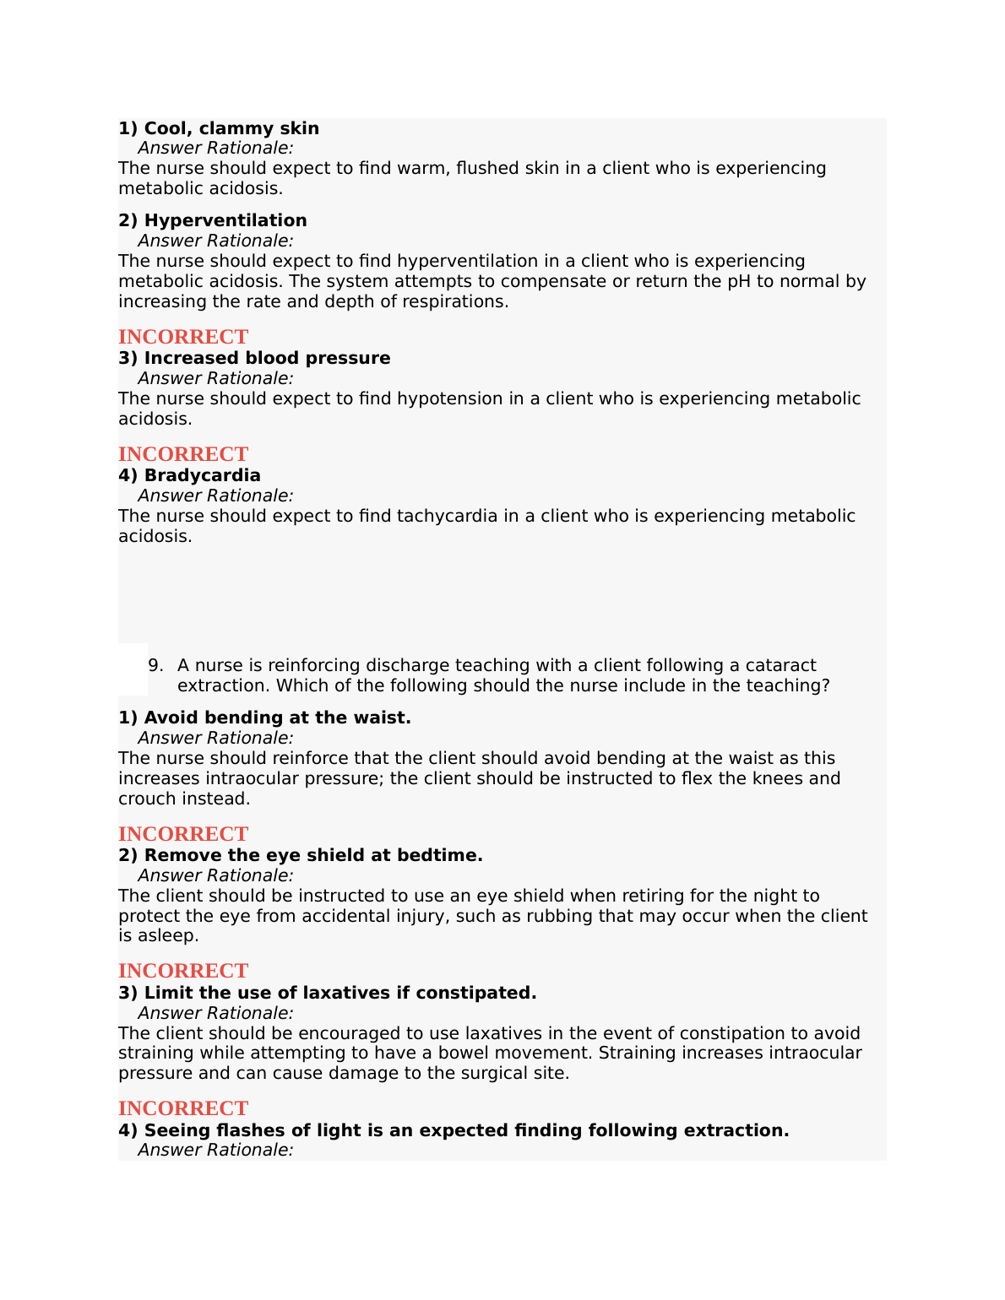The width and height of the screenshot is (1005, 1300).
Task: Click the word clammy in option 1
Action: pos(241,128)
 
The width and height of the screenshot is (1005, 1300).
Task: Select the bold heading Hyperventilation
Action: pos(225,220)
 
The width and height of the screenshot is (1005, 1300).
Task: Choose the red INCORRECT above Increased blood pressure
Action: pos(183,337)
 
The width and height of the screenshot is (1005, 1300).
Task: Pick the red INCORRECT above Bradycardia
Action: pos(183,454)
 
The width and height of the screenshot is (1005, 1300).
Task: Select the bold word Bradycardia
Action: pos(203,475)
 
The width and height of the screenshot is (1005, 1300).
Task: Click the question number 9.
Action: pos(155,665)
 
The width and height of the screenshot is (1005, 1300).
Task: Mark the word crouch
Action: pos(146,799)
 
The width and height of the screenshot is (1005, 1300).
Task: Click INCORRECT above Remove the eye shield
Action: pos(183,834)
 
